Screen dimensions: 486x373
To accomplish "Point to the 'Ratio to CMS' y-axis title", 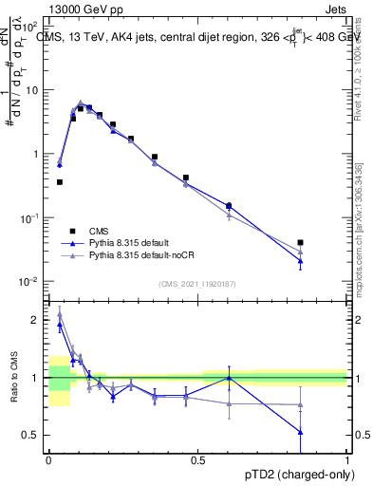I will [x=13, y=378].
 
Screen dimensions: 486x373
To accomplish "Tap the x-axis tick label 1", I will [x=347, y=459].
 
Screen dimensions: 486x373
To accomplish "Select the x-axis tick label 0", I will [x=48, y=459].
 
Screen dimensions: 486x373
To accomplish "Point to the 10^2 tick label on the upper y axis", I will [x=30, y=26].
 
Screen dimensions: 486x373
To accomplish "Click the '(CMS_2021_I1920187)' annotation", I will [x=196, y=283].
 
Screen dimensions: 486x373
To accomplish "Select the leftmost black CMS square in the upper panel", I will [x=60, y=181].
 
